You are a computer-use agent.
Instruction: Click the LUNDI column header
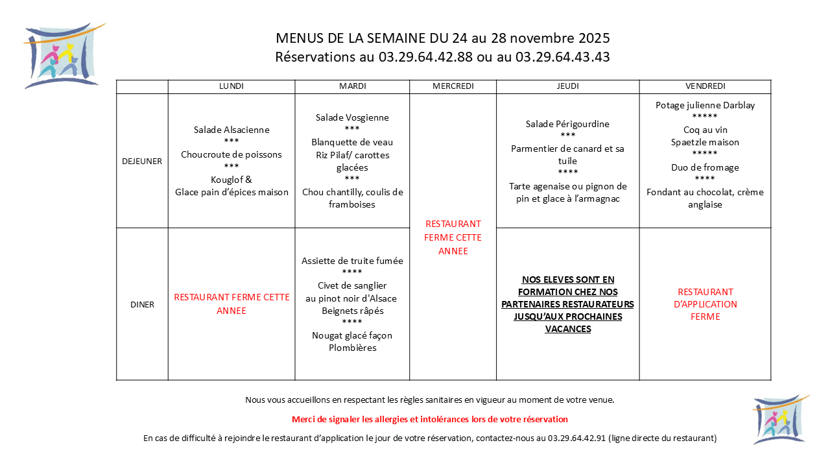(x=231, y=86)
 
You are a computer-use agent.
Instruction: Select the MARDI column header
(x=352, y=86)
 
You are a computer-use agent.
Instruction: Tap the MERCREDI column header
(x=453, y=86)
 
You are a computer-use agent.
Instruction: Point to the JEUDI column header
(x=567, y=86)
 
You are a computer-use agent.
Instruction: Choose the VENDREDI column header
(x=705, y=86)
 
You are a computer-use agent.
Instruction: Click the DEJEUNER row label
(x=142, y=161)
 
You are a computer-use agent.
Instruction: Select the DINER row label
(x=142, y=304)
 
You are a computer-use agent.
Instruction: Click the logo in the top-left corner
(x=63, y=56)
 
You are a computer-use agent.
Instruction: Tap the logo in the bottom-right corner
(x=780, y=419)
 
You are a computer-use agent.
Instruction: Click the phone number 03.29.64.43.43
(x=562, y=57)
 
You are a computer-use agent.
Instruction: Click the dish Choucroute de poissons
(x=231, y=154)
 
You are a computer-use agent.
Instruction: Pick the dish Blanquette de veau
(x=352, y=142)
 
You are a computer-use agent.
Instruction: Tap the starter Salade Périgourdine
(x=567, y=124)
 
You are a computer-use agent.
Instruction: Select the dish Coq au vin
(x=705, y=130)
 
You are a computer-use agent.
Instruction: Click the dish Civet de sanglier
(x=352, y=286)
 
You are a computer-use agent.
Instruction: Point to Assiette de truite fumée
(x=352, y=261)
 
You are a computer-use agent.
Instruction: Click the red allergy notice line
(x=430, y=420)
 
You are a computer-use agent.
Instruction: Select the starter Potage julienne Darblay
(x=705, y=105)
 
